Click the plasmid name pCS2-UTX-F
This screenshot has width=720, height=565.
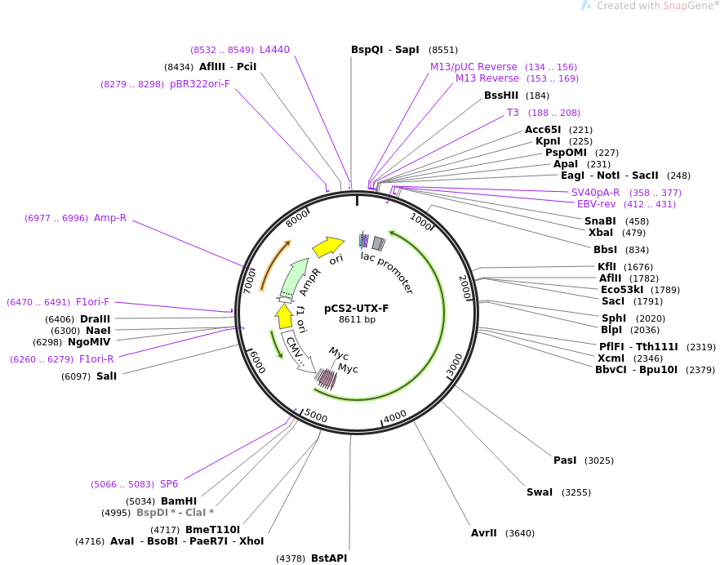357,308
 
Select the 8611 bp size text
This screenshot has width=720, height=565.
357,319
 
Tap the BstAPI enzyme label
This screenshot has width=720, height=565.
329,558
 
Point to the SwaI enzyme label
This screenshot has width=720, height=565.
540,492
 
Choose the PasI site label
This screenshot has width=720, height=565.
565,460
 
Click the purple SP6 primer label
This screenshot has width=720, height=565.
169,484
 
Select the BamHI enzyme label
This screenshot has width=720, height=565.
179,501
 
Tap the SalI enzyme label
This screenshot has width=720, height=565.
106,376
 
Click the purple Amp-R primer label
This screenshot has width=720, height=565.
110,218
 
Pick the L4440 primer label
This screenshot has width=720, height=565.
274,50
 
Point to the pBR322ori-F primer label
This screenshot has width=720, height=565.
200,84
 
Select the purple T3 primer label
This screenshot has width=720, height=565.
513,113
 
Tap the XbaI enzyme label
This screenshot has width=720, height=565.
601,233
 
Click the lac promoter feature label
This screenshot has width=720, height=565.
387,273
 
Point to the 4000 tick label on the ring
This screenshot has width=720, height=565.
395,417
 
